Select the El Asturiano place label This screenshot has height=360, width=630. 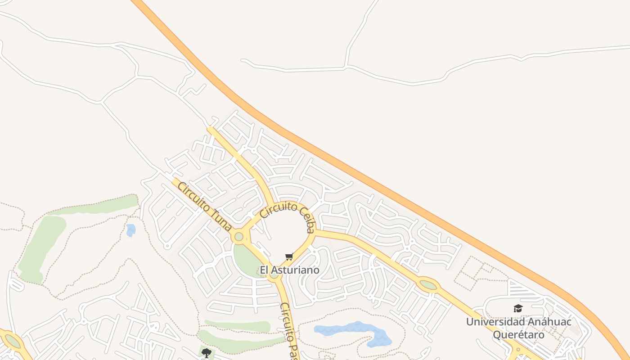tap(289, 270)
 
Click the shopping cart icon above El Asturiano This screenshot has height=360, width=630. tap(289, 256)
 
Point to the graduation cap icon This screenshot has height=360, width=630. tap(518, 308)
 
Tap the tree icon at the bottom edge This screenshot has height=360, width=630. tap(206, 353)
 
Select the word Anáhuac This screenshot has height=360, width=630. tap(549, 322)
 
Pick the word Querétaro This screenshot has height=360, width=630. tap(518, 335)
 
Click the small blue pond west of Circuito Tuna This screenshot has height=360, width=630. tap(130, 230)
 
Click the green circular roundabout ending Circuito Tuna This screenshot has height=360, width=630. tap(238, 236)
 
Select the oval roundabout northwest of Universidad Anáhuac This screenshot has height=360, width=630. tap(427, 285)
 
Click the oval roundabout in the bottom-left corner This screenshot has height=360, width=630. tap(12, 341)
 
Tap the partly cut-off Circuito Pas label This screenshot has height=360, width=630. tap(289, 331)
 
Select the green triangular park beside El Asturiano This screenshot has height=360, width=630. tap(247, 261)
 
